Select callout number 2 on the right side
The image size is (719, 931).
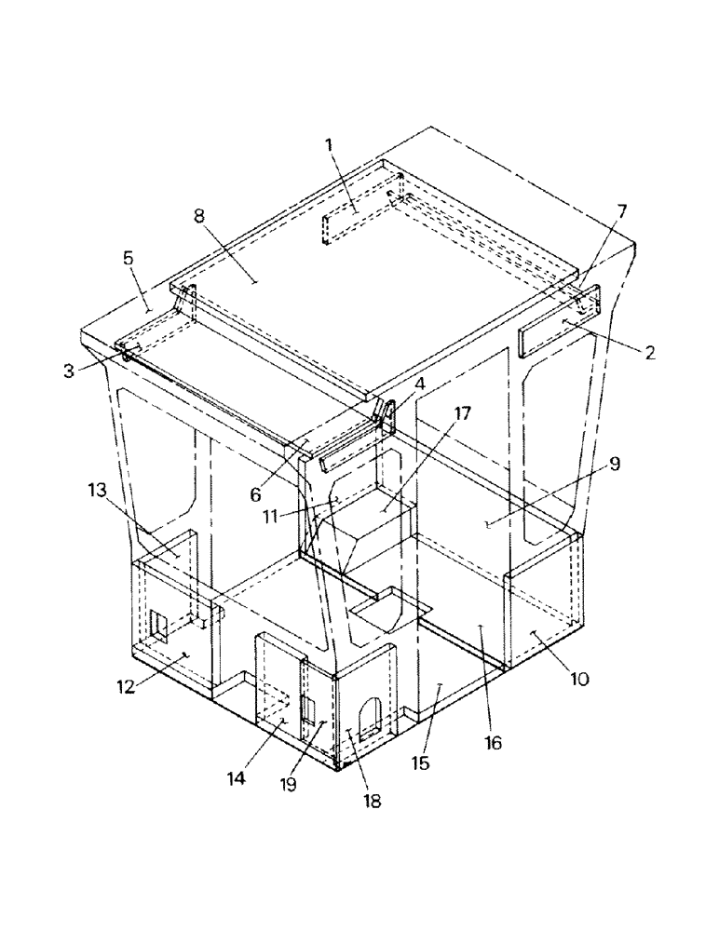point(649,352)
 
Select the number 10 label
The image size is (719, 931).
point(578,679)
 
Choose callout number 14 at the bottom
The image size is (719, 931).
point(237,778)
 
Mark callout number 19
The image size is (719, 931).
point(288,784)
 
